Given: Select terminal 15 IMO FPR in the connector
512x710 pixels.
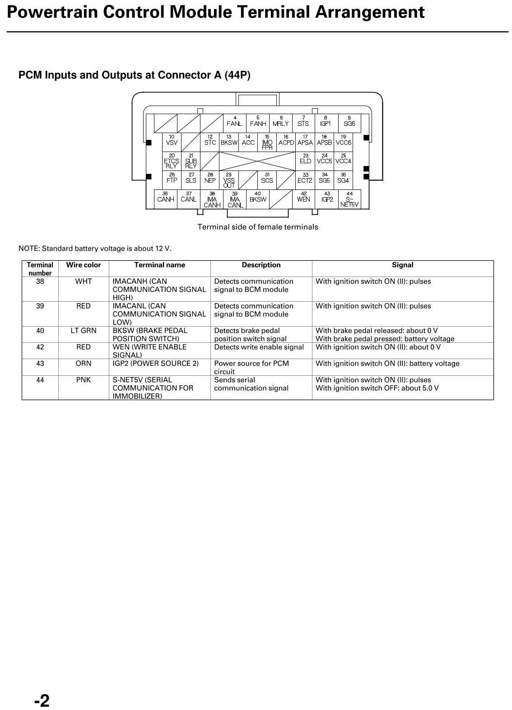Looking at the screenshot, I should pyautogui.click(x=267, y=143).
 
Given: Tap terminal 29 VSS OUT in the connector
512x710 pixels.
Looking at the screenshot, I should pyautogui.click(x=229, y=180).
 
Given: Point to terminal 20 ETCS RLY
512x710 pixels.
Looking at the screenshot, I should pyautogui.click(x=172, y=161).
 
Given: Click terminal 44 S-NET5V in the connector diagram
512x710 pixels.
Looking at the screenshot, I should pyautogui.click(x=349, y=199).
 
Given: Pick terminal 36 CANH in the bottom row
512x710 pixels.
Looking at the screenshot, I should pyautogui.click(x=166, y=198).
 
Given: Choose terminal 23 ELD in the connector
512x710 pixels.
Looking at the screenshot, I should pyautogui.click(x=305, y=161).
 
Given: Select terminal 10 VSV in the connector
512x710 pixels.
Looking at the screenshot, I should pyautogui.click(x=172, y=142).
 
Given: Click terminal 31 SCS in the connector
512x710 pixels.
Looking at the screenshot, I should pyautogui.click(x=267, y=180).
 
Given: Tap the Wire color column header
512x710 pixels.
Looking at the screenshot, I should pyautogui.click(x=84, y=265).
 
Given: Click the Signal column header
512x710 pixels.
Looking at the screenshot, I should pyautogui.click(x=402, y=265).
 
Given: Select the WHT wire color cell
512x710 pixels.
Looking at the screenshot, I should pyautogui.click(x=84, y=281).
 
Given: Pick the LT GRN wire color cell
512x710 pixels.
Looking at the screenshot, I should pyautogui.click(x=84, y=331).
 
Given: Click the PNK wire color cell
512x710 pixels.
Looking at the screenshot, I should pyautogui.click(x=84, y=380).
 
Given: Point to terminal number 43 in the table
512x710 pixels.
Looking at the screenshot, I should pyautogui.click(x=40, y=364).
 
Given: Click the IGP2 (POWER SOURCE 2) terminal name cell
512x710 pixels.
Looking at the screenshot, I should pyautogui.click(x=155, y=364).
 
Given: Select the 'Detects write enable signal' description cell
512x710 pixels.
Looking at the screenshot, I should pyautogui.click(x=259, y=347).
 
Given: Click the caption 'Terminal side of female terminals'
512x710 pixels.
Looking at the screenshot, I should pyautogui.click(x=258, y=227).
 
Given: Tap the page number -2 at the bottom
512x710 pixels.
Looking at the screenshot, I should pyautogui.click(x=42, y=701).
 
